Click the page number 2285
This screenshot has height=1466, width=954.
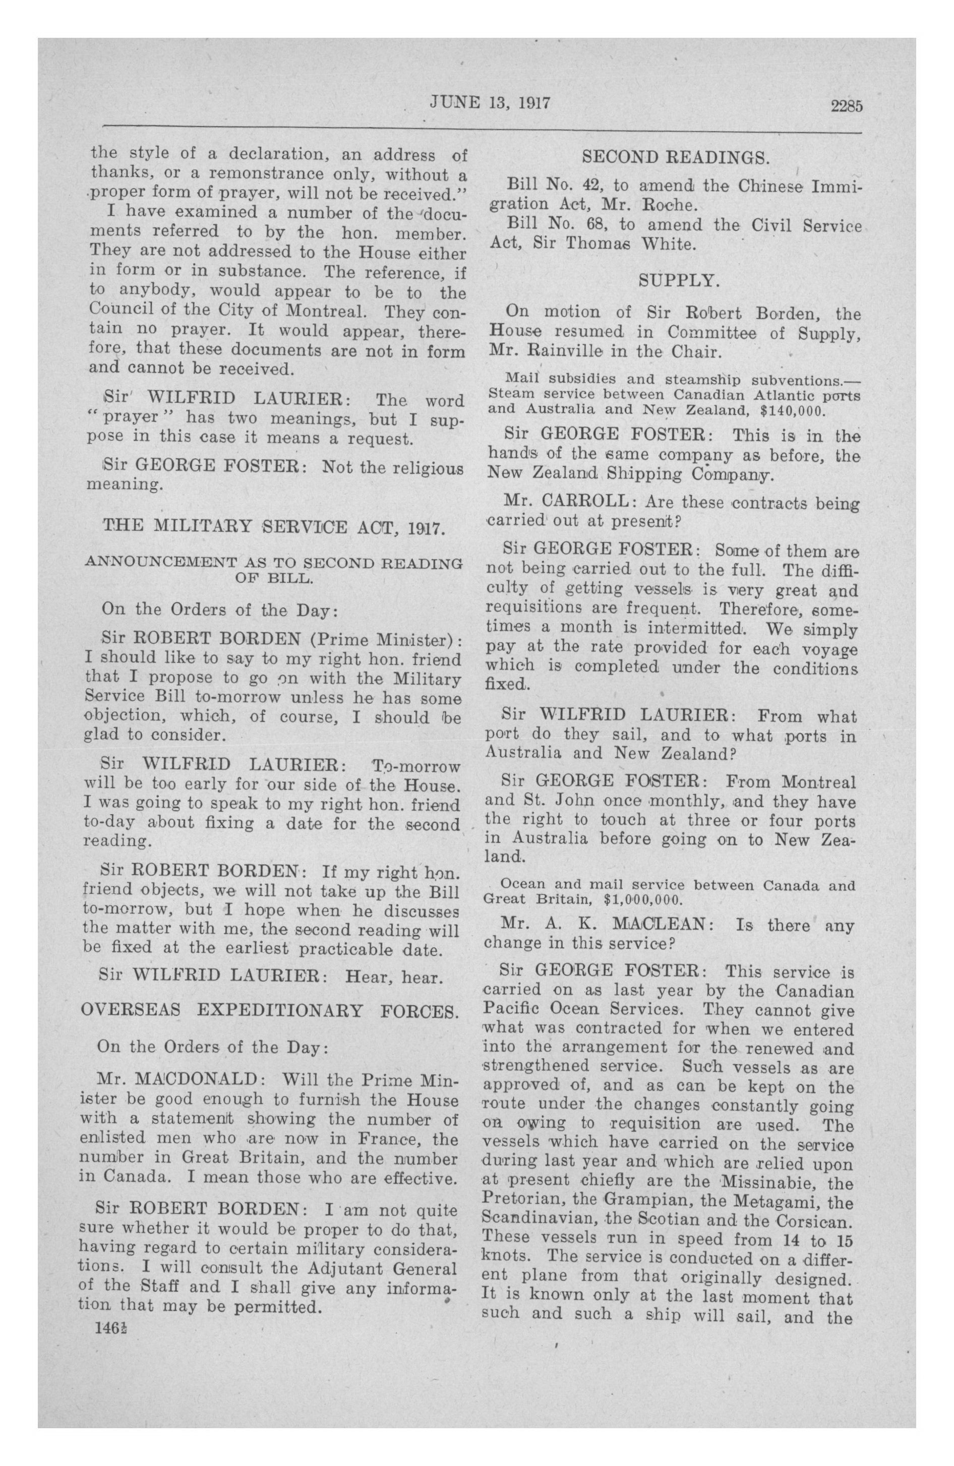pos(846,106)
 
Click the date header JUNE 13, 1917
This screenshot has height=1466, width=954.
pos(489,102)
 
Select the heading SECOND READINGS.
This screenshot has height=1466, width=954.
pos(675,158)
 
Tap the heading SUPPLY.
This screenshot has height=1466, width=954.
pos(679,281)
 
